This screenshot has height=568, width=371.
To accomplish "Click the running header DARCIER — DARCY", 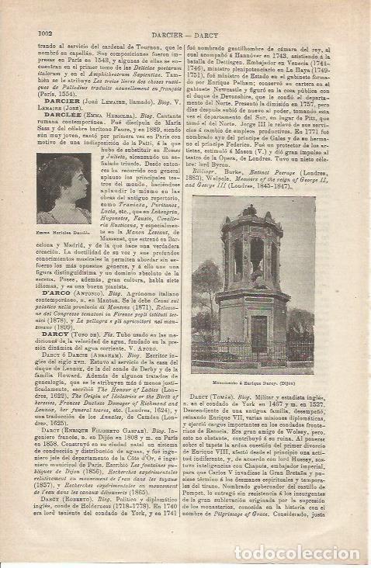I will [186, 33].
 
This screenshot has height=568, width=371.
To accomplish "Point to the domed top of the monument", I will [253, 220].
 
